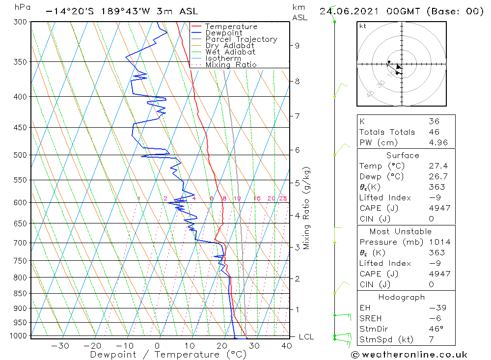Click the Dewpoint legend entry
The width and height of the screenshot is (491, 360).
pos(223,33)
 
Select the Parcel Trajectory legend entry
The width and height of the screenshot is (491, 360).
pos(241,39)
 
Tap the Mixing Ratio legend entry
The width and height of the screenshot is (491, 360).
pos(231,64)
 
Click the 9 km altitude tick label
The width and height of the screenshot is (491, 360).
pos(297,46)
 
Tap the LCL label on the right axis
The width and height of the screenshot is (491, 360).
pos(306,337)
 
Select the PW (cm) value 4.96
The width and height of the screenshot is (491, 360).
pos(434,143)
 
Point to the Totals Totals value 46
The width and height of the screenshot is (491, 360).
pos(434,132)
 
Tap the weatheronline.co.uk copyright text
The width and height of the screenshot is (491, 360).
pos(409,355)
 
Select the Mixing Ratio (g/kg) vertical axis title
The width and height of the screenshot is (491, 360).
pos(307,208)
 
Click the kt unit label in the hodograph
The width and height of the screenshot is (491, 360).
pos(362,26)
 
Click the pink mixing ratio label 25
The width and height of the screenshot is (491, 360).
pos(283,198)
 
